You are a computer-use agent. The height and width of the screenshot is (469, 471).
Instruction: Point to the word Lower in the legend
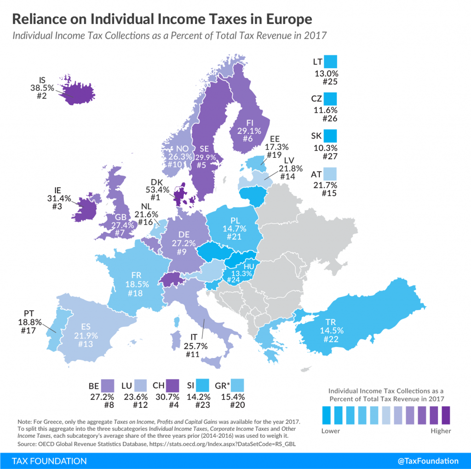[x=331, y=431]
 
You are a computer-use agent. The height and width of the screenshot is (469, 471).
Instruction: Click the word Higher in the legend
[x=441, y=431]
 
